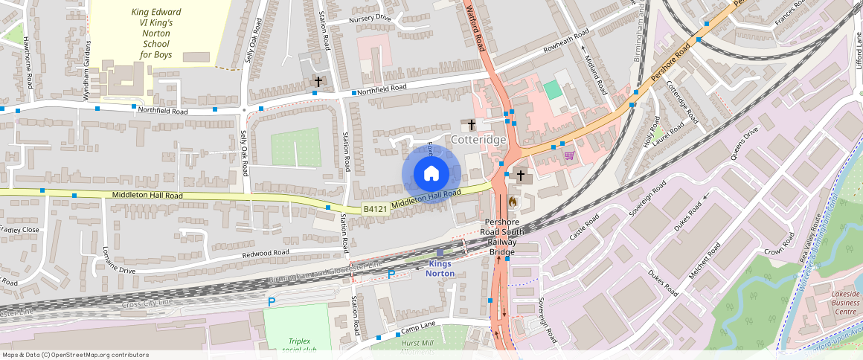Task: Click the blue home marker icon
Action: [x=431, y=174]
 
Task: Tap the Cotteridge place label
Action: [x=479, y=140]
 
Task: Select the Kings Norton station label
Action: [x=441, y=269]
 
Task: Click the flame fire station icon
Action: [x=512, y=201]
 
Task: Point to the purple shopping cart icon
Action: [x=569, y=155]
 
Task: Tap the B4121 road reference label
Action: [x=376, y=210]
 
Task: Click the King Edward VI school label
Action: [x=152, y=33]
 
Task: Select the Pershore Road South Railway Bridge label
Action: [x=502, y=237]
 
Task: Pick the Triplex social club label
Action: [x=297, y=345]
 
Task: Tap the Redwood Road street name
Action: [x=266, y=254]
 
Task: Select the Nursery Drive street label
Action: [x=369, y=18]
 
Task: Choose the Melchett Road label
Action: [x=704, y=261]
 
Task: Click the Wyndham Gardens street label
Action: [x=87, y=70]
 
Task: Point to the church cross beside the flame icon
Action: [x=521, y=176]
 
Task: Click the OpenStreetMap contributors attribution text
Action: [x=76, y=355]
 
